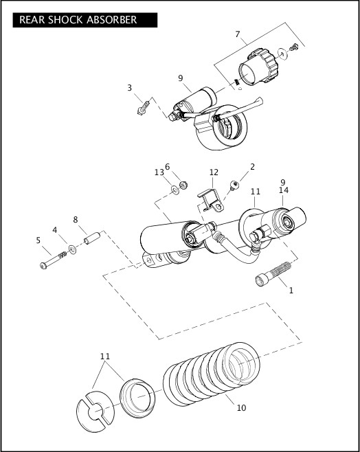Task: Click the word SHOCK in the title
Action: tap(68, 20)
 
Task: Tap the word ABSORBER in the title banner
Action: tap(112, 20)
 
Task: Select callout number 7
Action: tap(237, 34)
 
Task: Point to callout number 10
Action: tap(240, 407)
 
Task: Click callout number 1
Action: tap(291, 291)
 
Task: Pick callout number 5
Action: tap(38, 240)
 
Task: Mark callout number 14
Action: tap(284, 190)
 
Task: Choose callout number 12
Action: tap(214, 172)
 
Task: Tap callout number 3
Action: tap(129, 88)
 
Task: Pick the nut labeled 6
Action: tap(183, 184)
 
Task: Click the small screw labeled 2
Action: tap(235, 183)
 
